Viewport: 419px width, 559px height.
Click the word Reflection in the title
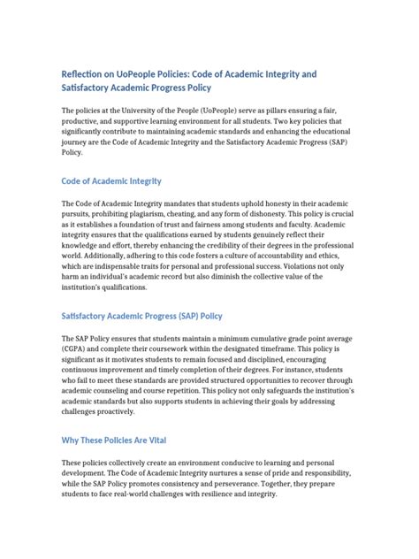click(85, 72)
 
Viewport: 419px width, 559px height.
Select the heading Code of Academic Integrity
click(110, 181)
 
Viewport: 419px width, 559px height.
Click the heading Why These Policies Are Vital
click(113, 440)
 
